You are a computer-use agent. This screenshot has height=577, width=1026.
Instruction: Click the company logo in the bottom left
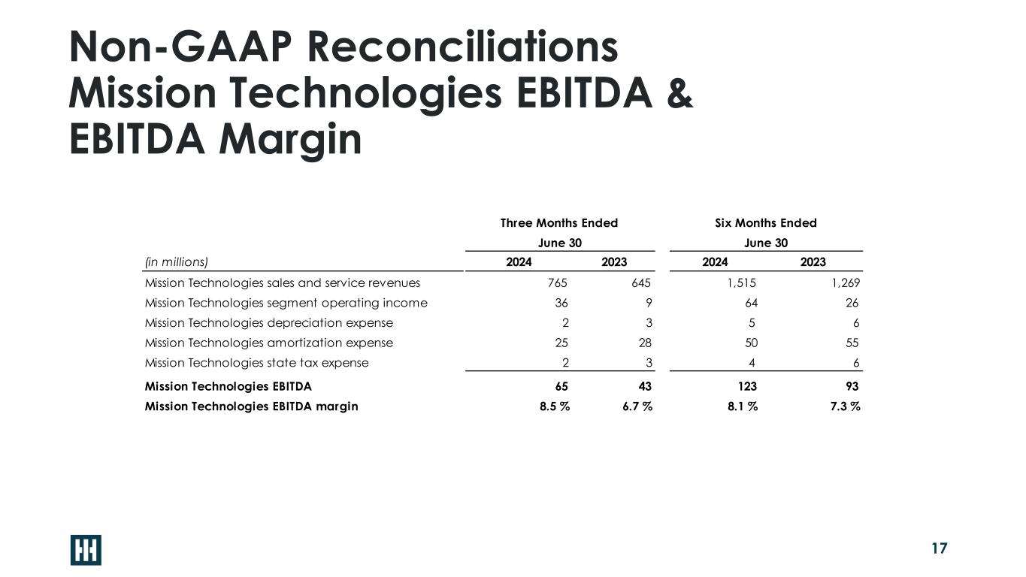pyautogui.click(x=86, y=550)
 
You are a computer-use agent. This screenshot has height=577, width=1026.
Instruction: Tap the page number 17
pyautogui.click(x=939, y=548)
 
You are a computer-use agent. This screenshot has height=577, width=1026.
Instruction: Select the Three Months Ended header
pyautogui.click(x=558, y=223)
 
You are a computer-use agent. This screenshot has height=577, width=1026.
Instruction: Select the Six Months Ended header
pyautogui.click(x=765, y=223)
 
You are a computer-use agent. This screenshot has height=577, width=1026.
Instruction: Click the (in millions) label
pyautogui.click(x=176, y=262)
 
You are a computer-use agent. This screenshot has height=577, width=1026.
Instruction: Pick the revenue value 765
pyautogui.click(x=557, y=283)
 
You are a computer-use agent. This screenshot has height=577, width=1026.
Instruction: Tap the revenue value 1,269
pyautogui.click(x=844, y=283)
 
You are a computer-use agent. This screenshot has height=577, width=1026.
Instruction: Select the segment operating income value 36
pyautogui.click(x=561, y=303)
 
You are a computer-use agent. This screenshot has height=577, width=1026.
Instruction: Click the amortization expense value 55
pyautogui.click(x=851, y=343)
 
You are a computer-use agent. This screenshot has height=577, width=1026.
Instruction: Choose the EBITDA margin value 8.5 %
pyautogui.click(x=553, y=406)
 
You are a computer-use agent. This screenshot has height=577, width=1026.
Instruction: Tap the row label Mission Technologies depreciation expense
pyautogui.click(x=268, y=323)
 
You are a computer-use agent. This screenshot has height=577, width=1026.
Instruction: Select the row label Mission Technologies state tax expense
pyautogui.click(x=256, y=363)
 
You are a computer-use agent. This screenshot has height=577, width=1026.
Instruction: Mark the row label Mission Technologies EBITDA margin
pyautogui.click(x=251, y=406)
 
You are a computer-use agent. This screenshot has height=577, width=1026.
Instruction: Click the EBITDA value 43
pyautogui.click(x=643, y=386)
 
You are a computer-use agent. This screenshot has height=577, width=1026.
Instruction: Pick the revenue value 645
pyautogui.click(x=640, y=283)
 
